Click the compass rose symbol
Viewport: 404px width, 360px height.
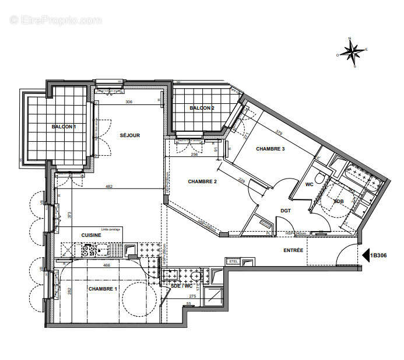tap(352, 53)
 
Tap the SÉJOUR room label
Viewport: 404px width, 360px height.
tap(131, 135)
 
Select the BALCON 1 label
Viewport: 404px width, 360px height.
tap(64, 127)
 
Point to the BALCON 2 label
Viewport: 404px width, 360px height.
tap(202, 108)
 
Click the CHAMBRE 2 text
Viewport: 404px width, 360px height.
tap(202, 181)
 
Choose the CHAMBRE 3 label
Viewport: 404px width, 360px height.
tap(270, 149)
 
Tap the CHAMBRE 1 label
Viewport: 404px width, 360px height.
tap(103, 289)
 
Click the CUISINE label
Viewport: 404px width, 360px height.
tap(91, 235)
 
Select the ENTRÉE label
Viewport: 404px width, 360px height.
tap(293, 250)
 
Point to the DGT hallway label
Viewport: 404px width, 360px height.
tap(286, 211)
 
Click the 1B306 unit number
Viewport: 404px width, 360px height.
tap(383, 255)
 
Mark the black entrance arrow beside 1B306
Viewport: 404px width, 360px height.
tap(366, 255)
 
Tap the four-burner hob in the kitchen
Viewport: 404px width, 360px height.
tap(89, 250)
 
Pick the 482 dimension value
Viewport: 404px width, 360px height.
tap(109, 187)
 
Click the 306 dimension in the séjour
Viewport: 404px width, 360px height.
tap(129, 103)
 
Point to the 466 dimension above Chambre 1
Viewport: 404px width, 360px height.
tap(107, 265)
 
